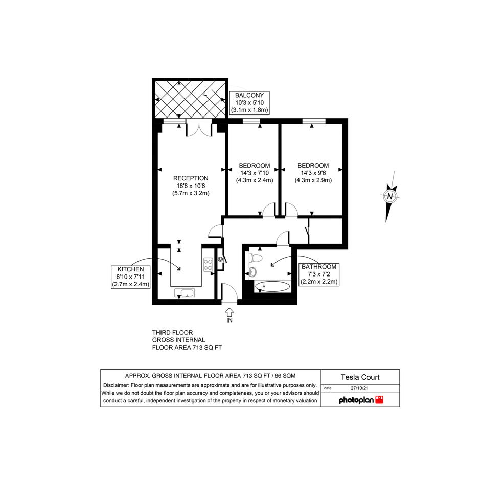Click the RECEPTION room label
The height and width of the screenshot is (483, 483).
[191, 186]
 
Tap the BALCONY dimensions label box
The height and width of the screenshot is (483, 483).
[249, 103]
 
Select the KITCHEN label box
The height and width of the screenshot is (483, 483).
[131, 277]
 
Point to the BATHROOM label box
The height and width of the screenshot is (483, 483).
[319, 274]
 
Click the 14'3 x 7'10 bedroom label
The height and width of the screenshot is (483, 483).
[255, 173]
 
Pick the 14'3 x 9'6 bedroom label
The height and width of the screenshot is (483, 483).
[313, 173]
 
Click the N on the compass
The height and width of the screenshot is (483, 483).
[390, 196]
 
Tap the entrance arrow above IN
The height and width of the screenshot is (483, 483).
[229, 312]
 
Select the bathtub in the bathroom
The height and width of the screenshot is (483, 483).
[272, 286]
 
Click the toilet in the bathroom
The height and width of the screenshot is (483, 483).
[256, 258]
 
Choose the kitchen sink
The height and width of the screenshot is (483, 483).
[185, 293]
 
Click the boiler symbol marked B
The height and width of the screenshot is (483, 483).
[221, 259]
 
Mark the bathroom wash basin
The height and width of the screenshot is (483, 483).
[253, 271]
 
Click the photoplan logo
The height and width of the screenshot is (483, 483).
[361, 400]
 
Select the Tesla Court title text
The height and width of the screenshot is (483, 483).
[360, 377]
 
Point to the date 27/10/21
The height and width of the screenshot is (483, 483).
[359, 388]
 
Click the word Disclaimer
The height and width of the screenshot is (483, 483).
[116, 385]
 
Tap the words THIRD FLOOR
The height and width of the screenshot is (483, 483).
[173, 333]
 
